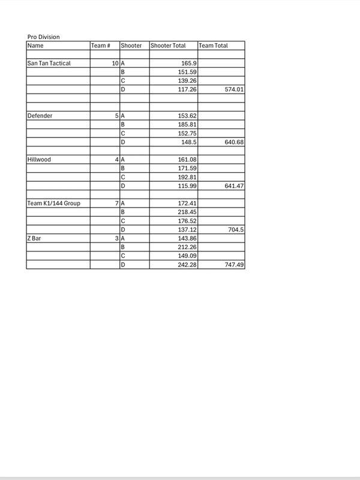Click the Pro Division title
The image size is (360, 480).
click(44, 37)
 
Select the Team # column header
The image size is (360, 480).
click(100, 46)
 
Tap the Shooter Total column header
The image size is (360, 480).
click(168, 46)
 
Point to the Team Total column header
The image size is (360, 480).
click(214, 46)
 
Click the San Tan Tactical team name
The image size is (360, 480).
click(49, 63)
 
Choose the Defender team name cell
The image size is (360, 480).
click(40, 115)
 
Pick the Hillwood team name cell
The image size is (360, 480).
click(40, 160)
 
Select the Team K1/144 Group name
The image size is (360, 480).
click(54, 203)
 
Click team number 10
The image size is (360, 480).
click(115, 63)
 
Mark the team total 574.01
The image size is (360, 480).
click(233, 89)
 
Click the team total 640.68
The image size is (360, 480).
click(233, 142)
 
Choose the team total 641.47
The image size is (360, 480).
click(233, 186)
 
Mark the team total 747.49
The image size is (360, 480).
click(233, 265)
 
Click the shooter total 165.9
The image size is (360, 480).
click(188, 63)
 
